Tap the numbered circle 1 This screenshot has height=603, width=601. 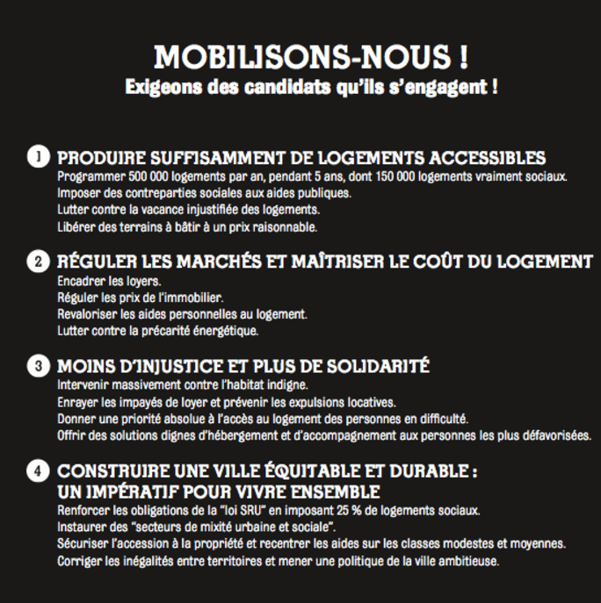coord(38,158)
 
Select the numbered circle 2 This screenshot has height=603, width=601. coord(38,262)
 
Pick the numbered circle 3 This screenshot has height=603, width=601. coord(38,365)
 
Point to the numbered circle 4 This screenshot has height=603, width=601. coord(38,470)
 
